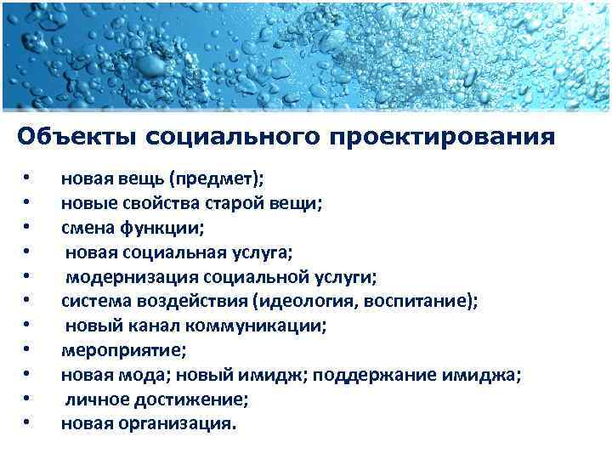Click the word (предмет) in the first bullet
point(216,179)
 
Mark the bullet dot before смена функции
point(28,228)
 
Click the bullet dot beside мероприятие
point(28,349)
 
